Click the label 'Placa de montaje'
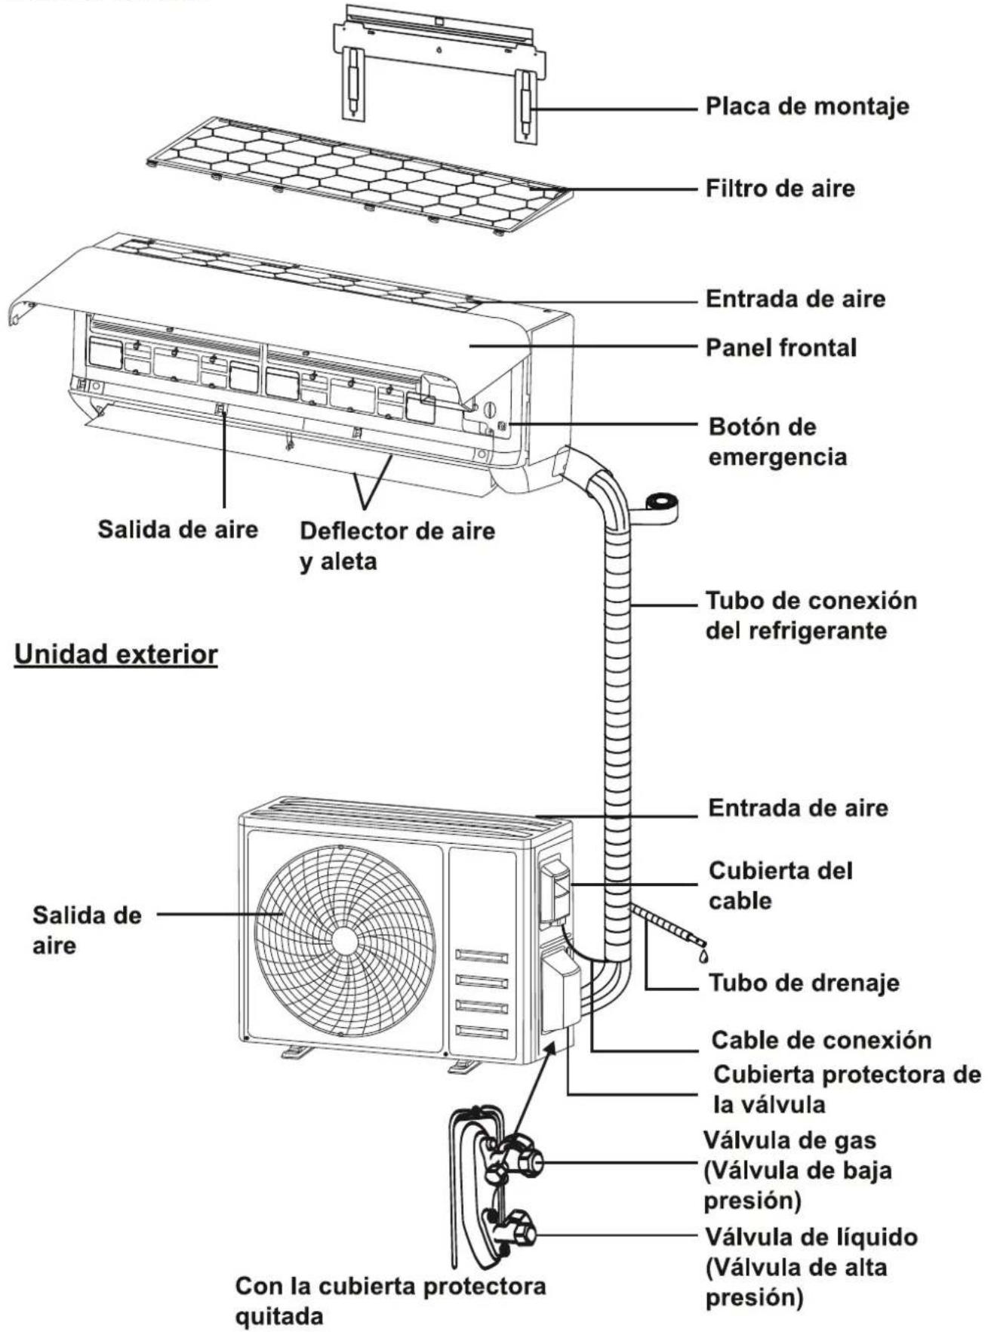tap(807, 106)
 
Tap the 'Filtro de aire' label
tap(780, 188)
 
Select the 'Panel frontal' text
tap(781, 348)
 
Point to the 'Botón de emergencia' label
tap(778, 441)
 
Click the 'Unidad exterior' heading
tap(116, 654)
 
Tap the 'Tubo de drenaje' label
tap(804, 983)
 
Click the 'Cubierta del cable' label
tap(781, 885)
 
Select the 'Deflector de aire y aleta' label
tap(398, 546)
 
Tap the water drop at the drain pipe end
tap(703, 955)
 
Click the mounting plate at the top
tap(439, 68)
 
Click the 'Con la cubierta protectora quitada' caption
tap(390, 1301)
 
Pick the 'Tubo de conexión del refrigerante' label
tap(811, 616)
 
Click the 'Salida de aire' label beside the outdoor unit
tap(87, 930)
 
